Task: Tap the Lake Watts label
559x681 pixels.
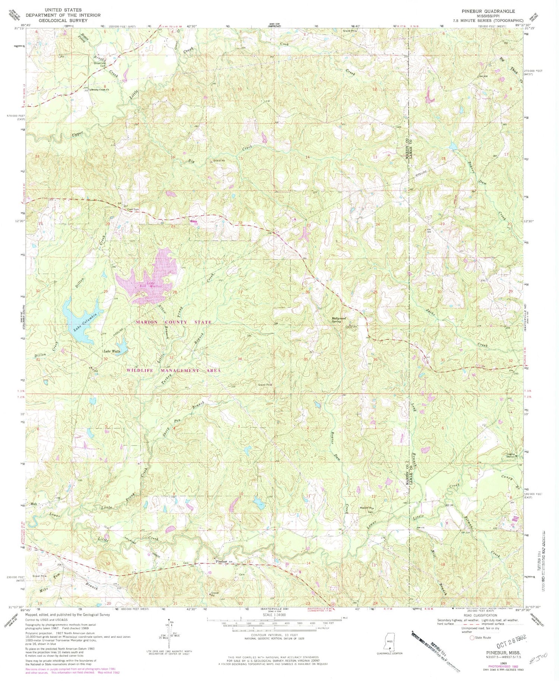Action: click(111, 351)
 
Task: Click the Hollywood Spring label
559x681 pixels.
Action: click(339, 320)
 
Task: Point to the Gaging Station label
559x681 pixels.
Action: click(511, 455)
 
